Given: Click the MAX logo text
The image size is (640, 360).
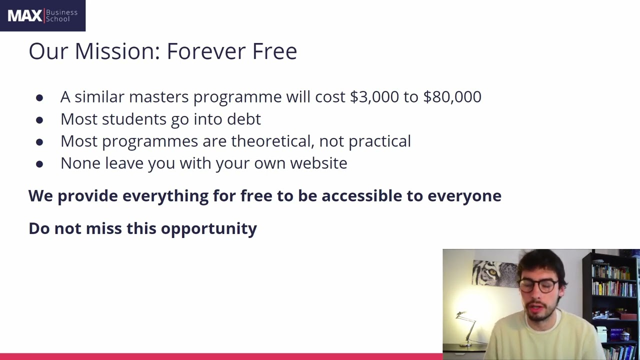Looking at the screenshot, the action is point(25,15).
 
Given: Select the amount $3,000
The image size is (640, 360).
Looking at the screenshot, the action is point(374,96).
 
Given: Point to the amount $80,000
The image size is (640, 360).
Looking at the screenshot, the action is point(452,96).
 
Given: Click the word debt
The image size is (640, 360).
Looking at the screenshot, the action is point(244,119).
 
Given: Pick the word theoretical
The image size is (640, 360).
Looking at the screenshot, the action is point(272,141).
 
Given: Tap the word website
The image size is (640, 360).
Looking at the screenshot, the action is point(318,163).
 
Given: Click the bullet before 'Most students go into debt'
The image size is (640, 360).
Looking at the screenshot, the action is point(39,120).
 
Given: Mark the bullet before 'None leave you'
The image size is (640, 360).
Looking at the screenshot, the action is point(39,164).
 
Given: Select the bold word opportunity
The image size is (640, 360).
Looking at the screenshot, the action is point(209,229).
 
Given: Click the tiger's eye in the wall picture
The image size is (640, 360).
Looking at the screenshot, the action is point(493,272).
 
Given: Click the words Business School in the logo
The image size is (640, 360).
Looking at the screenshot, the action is point(61,15).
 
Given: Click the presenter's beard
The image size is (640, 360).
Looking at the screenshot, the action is point(541,311).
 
